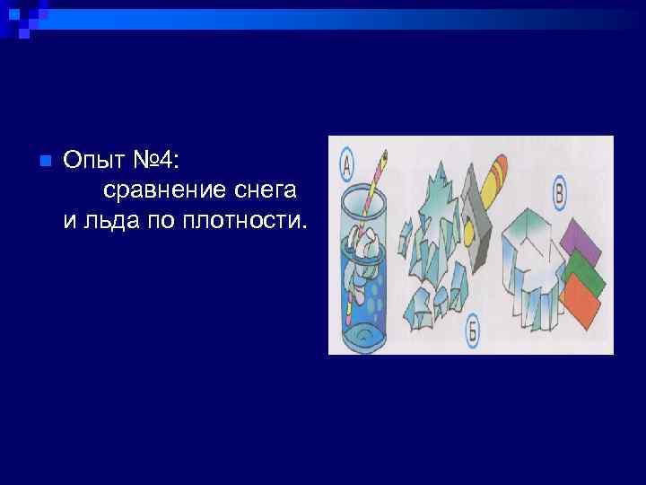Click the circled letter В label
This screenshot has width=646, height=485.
[559, 191]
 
